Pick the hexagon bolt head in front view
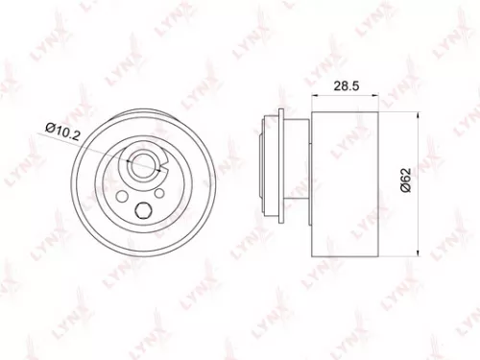coord(142,214)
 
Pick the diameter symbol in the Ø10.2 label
coord(52,124)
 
